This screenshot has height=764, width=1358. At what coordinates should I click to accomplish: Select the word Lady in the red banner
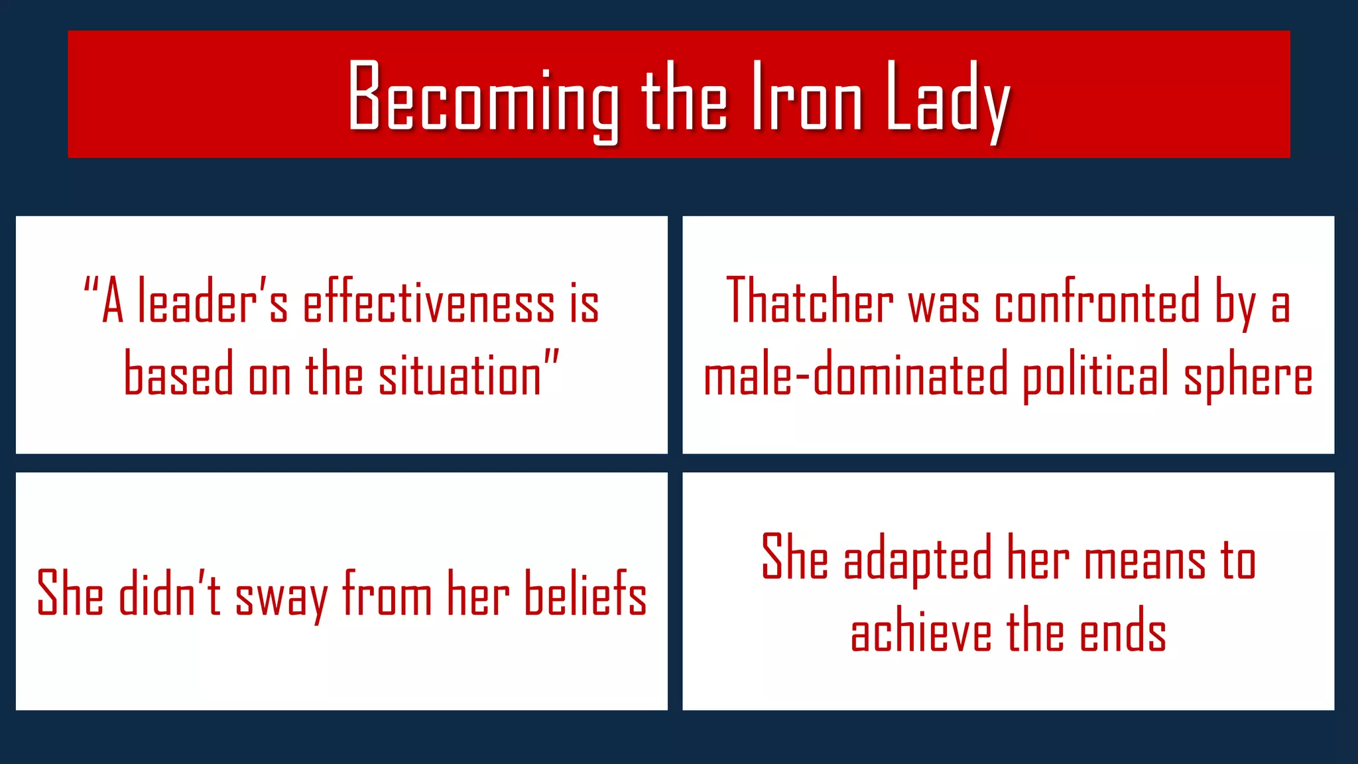coord(947,99)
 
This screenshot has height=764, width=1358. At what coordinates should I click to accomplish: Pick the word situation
coord(460,375)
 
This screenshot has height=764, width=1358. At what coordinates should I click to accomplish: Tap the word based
coord(178,373)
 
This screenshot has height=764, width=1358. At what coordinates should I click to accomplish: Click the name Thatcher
coord(810,302)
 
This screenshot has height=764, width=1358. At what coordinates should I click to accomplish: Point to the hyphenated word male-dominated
coord(855,375)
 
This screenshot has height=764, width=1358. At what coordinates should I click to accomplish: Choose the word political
coord(1095,376)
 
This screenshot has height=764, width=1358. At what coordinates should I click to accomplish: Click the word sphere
coord(1248,376)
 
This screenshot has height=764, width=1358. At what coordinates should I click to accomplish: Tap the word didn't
coord(169,592)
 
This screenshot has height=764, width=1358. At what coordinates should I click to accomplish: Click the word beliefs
coord(585,592)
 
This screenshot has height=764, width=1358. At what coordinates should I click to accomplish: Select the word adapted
coord(917,559)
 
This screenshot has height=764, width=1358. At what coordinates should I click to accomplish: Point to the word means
coord(1144,560)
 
